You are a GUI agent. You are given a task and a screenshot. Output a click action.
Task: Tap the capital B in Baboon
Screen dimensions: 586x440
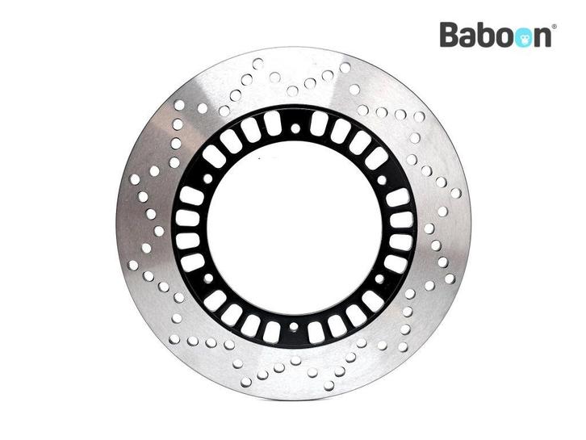450,35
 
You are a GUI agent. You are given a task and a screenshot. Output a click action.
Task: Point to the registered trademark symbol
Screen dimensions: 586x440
554,27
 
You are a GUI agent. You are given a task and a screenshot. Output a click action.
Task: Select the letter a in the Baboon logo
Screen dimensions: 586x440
469,38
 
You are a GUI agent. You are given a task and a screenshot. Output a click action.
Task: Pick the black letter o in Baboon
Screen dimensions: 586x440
505,38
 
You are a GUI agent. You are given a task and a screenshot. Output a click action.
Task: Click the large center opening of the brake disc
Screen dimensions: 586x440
295,228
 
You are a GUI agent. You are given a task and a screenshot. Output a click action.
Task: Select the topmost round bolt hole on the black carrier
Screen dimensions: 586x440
295,129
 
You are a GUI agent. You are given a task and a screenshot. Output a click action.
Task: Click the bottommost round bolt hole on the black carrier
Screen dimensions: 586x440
294,327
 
